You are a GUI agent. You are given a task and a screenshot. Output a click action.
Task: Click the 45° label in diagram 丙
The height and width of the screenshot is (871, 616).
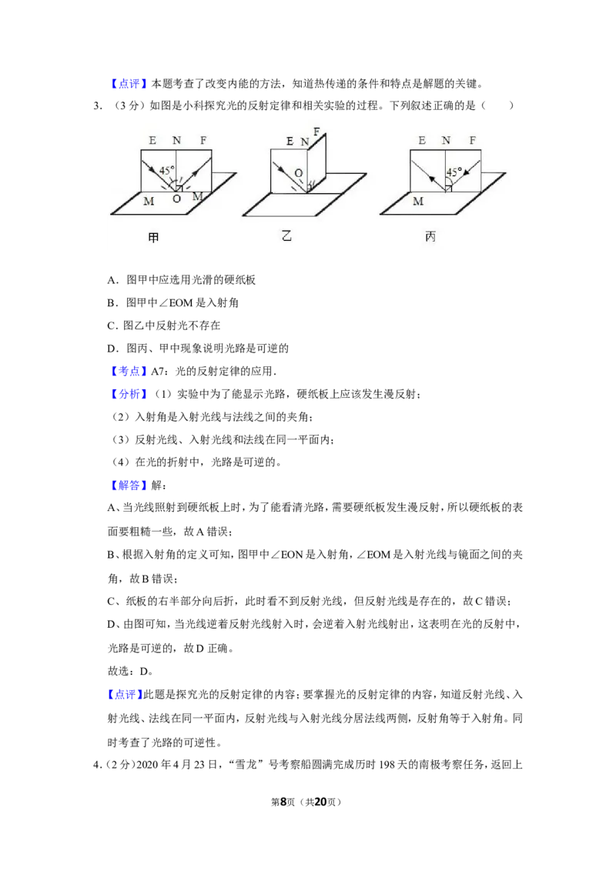tap(454, 172)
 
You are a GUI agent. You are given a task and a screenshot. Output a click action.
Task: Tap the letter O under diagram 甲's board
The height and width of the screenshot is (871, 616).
tap(177, 199)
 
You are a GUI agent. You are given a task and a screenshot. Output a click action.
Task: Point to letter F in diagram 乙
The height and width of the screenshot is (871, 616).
tap(317, 132)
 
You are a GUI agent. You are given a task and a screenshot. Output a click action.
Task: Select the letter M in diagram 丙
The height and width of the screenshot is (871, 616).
tap(418, 201)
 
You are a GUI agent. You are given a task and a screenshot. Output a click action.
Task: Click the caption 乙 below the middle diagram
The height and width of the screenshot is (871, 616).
tap(286, 236)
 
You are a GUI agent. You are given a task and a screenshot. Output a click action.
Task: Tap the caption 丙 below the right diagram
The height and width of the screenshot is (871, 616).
tap(430, 237)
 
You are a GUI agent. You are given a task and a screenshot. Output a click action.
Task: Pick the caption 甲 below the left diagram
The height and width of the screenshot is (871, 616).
tap(154, 238)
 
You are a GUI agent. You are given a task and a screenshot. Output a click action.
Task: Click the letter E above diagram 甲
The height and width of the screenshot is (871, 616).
tap(152, 141)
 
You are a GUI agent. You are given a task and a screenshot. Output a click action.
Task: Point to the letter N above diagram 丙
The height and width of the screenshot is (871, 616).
tap(446, 141)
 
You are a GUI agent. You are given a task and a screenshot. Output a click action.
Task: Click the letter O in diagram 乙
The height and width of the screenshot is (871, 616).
tap(299, 173)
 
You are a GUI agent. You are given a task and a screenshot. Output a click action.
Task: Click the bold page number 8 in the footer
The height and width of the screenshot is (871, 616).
tap(283, 802)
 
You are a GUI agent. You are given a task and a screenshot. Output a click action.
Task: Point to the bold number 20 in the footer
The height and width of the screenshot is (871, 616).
tap(320, 802)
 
